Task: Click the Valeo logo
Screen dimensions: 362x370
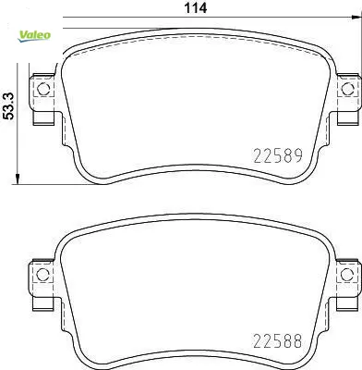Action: (34, 36)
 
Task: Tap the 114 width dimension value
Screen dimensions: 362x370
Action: (195, 8)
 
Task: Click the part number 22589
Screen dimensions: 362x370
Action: (278, 155)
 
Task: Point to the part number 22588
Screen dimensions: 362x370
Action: (277, 341)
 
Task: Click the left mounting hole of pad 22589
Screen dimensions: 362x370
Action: (43, 89)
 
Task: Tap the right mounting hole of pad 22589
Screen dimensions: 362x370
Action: (348, 89)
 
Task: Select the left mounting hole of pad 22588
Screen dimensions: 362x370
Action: (42, 275)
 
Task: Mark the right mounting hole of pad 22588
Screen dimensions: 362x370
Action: (347, 275)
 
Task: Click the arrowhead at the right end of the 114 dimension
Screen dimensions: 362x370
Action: (357, 18)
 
